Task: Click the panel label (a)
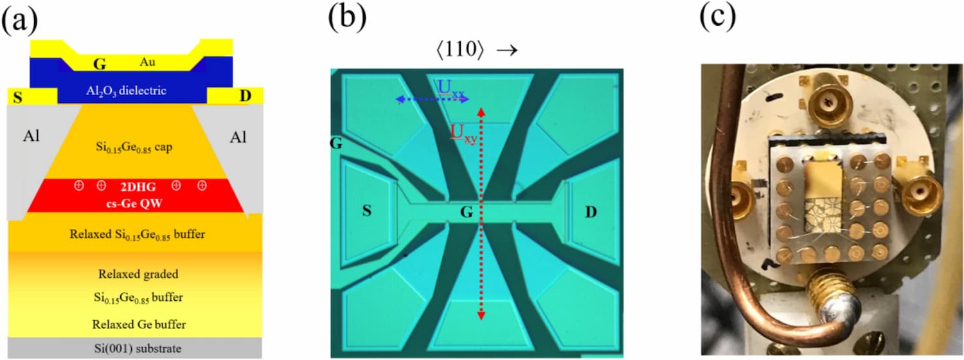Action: [x=19, y=21]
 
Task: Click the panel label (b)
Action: [x=347, y=19]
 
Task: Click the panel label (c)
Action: [x=717, y=19]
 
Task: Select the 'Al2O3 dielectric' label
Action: [x=126, y=91]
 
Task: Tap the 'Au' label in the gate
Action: [x=147, y=62]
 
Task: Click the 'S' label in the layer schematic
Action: [x=17, y=98]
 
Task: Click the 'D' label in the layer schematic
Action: [x=245, y=96]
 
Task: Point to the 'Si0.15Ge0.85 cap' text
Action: [x=134, y=148]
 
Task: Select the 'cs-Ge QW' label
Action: [x=134, y=203]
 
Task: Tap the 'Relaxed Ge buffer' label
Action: [x=139, y=324]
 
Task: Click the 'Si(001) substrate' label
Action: [x=138, y=348]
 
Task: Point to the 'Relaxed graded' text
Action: [x=138, y=274]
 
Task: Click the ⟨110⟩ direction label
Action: [x=460, y=50]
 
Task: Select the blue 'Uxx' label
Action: [x=451, y=88]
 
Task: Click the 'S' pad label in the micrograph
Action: [x=367, y=211]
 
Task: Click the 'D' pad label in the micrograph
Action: [x=591, y=212]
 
